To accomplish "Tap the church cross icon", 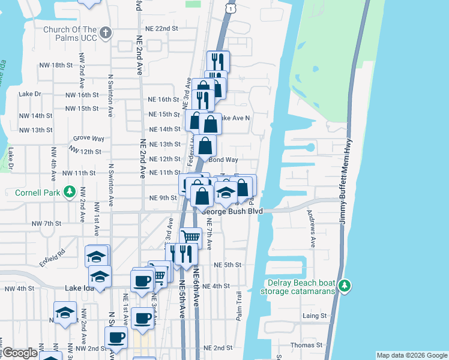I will [106, 33].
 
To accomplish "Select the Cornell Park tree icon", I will [70, 193].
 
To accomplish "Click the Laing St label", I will [315, 316].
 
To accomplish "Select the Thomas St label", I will [307, 346].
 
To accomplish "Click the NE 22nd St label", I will [161, 28].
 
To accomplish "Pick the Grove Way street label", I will [85, 138].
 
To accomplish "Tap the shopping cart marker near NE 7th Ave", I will [190, 236].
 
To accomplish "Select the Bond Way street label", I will [223, 160].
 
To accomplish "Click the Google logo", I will [20, 353].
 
